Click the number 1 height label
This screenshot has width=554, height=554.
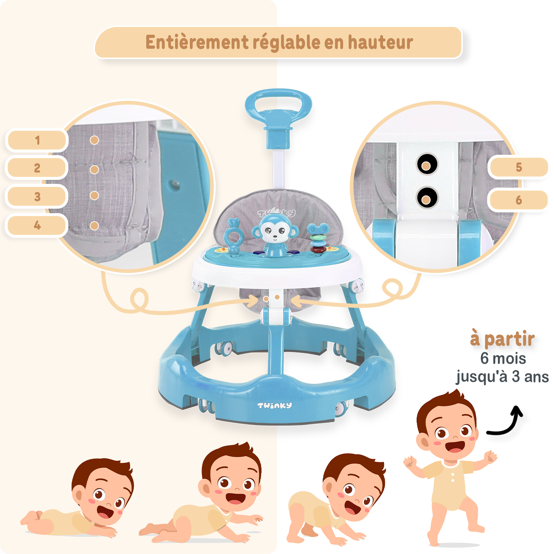click(37, 140)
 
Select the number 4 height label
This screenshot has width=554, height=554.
click(37, 225)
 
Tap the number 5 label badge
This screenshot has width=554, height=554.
click(518, 167)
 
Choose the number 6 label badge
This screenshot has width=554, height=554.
click(518, 200)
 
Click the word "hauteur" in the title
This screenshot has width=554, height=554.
click(380, 42)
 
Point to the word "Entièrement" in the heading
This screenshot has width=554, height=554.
click(197, 42)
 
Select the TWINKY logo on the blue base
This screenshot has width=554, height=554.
click(274, 406)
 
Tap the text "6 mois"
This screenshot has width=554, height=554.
click(503, 358)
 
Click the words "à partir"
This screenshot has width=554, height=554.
click(502, 339)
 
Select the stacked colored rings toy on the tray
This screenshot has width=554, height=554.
click(319, 238)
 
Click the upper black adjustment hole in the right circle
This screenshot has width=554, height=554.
click(427, 164)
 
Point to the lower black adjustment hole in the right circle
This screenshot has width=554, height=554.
click(427, 198)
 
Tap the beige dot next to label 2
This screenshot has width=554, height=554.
click(94, 170)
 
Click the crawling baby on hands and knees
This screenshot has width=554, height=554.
click(334, 500)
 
